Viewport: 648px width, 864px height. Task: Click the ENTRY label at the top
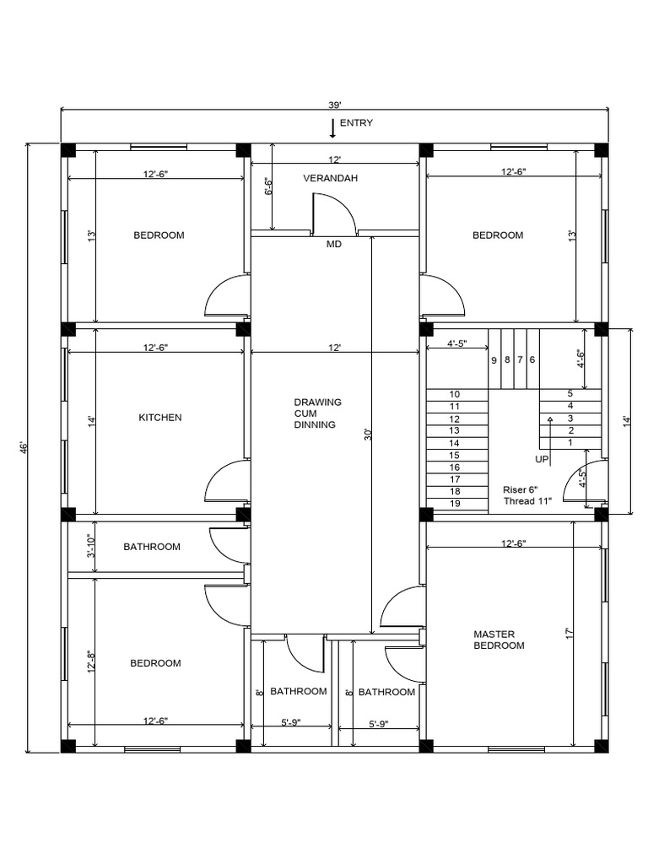tap(356, 123)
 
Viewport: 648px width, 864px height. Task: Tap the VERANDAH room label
tap(331, 178)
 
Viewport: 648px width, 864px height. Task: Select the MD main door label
tap(334, 245)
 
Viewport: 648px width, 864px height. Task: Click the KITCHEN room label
tap(160, 418)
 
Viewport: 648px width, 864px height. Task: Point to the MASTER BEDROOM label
tap(499, 640)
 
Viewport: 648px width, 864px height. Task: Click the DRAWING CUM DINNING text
tap(318, 413)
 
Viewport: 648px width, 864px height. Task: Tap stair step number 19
tap(455, 504)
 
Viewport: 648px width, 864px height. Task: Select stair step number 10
tap(455, 394)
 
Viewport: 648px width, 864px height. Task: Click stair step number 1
tap(570, 442)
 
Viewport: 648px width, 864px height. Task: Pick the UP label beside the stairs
tap(542, 459)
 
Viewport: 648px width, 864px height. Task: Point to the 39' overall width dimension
tap(335, 105)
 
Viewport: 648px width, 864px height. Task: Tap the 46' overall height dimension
tap(24, 447)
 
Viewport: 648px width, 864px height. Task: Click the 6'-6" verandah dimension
tap(268, 187)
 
